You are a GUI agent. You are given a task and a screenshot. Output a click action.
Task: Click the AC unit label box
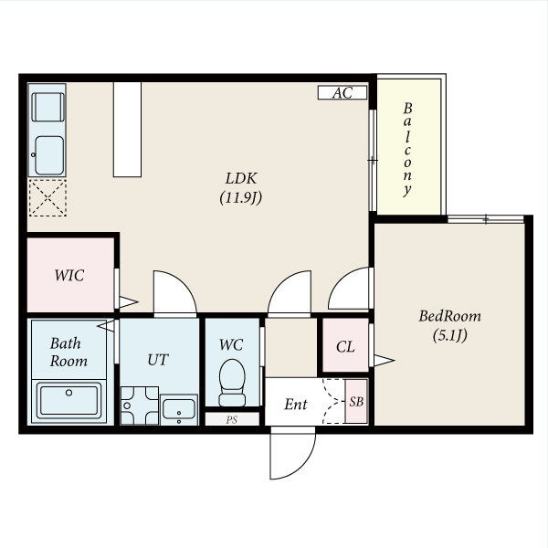pyautogui.click(x=342, y=92)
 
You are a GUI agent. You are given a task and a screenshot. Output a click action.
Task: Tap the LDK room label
pyautogui.click(x=241, y=179)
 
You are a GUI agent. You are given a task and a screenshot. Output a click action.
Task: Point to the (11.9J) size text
pyautogui.click(x=241, y=198)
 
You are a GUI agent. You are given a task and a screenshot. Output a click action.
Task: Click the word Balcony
pyautogui.click(x=407, y=149)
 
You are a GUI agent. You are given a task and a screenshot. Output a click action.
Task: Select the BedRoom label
pyautogui.click(x=449, y=316)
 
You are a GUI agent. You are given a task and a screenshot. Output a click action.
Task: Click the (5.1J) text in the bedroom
pyautogui.click(x=449, y=336)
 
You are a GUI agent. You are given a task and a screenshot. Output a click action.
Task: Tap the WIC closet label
pyautogui.click(x=69, y=276)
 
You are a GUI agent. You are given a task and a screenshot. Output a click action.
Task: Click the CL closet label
pyautogui.click(x=345, y=347)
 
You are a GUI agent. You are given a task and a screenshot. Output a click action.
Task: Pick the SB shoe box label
pyautogui.click(x=356, y=402)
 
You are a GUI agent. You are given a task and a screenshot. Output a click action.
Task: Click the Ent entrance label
pyautogui.click(x=296, y=405)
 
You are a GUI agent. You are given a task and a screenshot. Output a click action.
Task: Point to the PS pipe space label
pyautogui.click(x=232, y=420)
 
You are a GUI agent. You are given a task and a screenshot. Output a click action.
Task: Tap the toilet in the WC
pyautogui.click(x=232, y=383)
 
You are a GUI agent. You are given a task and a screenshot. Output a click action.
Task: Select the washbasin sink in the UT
pyautogui.click(x=179, y=409)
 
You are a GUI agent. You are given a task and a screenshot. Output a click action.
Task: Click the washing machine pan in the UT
pyautogui.click(x=140, y=406)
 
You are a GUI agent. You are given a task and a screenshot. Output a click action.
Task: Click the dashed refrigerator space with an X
pyautogui.click(x=47, y=198)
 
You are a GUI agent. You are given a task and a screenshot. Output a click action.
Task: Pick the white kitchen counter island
pyautogui.click(x=127, y=130)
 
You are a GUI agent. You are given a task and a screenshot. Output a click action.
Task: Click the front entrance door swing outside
pyautogui.click(x=293, y=453)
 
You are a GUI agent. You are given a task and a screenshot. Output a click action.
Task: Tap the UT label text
pyautogui.click(x=158, y=360)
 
